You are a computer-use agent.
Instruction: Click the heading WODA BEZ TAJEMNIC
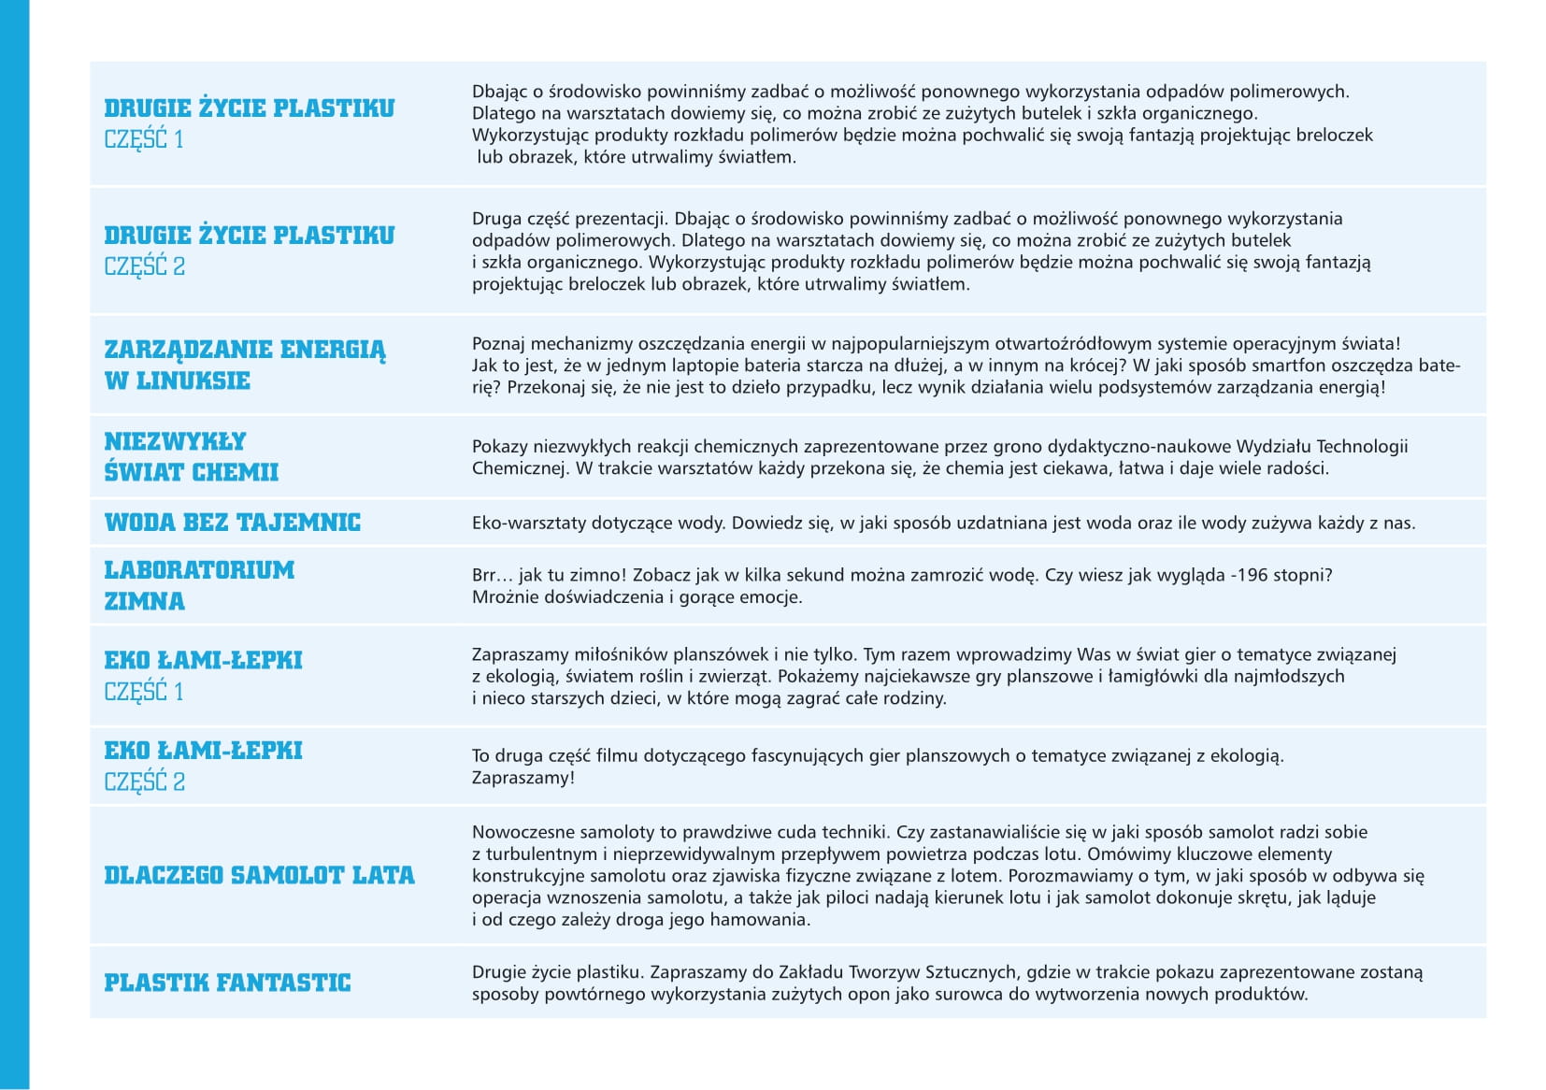point(232,523)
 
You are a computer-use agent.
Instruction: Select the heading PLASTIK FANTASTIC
point(227,982)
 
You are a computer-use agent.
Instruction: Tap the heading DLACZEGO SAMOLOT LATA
point(259,875)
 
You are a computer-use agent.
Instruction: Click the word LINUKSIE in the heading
point(193,380)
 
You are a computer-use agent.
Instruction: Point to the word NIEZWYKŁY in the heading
point(175,441)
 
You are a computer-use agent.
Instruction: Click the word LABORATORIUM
point(199,570)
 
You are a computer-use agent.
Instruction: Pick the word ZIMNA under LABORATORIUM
point(144,601)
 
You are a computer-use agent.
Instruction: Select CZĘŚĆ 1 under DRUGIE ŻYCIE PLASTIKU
point(144,139)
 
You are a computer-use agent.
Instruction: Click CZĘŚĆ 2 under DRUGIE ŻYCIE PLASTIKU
point(144,266)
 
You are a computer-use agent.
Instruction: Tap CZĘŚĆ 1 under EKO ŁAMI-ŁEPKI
point(144,692)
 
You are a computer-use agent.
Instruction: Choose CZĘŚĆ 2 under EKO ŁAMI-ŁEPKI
point(144,782)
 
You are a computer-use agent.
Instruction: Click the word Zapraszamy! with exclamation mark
point(523,778)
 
